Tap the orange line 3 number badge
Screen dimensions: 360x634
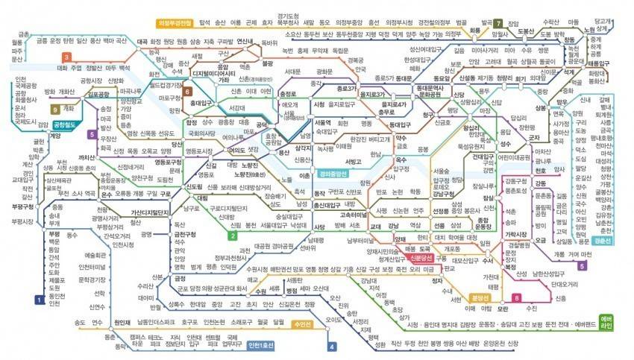[x=67, y=57]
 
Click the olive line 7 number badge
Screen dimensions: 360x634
[x=498, y=25]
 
